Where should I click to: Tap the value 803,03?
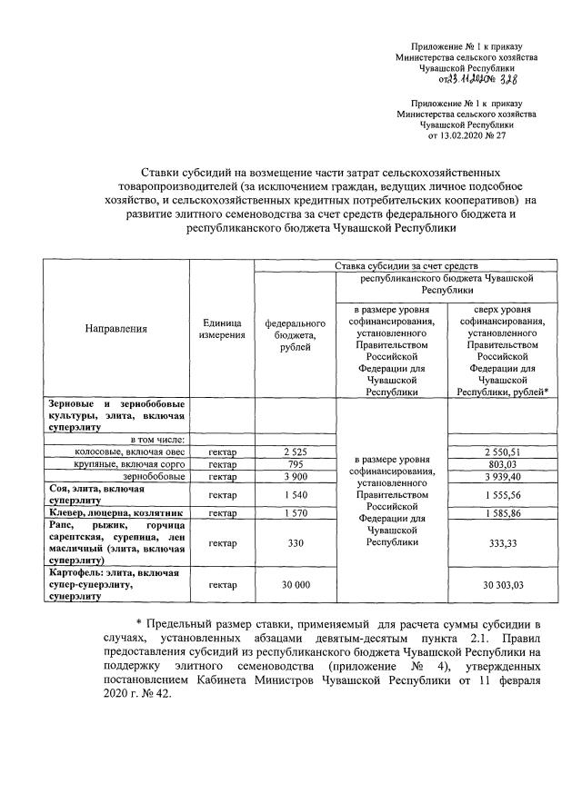point(502,463)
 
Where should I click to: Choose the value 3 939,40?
point(502,476)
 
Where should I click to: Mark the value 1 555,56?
point(502,494)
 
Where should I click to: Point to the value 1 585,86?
point(502,513)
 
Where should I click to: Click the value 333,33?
point(502,543)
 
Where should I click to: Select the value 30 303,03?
point(502,585)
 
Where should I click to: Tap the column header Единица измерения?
point(222,329)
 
